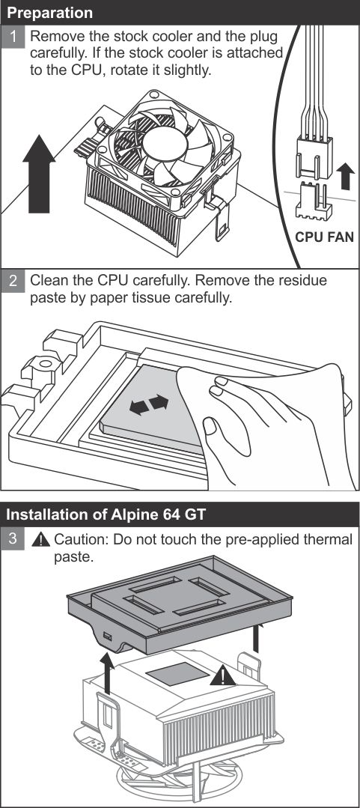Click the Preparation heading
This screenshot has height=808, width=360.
click(x=50, y=13)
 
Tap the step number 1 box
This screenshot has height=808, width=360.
click(x=13, y=38)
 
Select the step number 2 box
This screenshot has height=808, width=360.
click(x=13, y=281)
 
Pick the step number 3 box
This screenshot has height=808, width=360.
click(x=13, y=539)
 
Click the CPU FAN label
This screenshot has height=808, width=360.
click(x=325, y=237)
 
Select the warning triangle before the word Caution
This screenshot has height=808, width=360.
click(x=40, y=539)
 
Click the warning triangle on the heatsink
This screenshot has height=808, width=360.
click(x=222, y=675)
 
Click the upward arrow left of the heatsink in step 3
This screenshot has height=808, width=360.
click(x=106, y=672)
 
